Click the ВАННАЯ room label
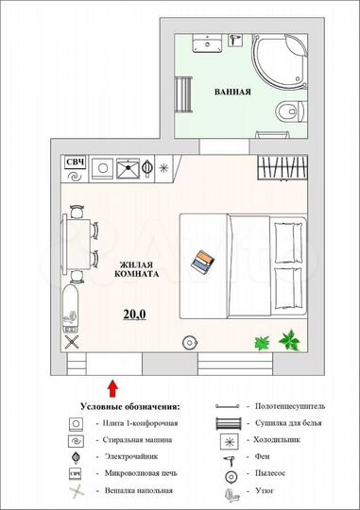231,93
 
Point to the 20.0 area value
134,314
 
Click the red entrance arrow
113,385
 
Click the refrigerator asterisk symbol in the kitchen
163,170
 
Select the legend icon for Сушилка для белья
228,422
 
